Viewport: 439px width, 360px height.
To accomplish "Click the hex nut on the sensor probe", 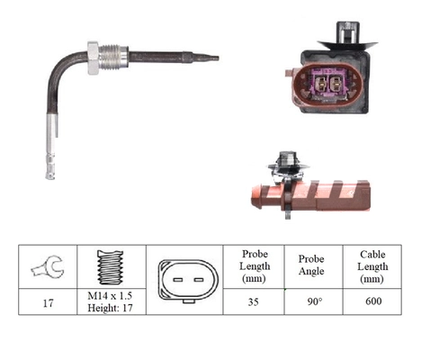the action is coord(94,58).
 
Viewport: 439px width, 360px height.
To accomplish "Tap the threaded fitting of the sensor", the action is coord(113,57).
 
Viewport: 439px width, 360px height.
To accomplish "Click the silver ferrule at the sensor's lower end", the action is coord(51,147).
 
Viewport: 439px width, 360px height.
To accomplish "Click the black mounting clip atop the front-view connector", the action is coord(347,34).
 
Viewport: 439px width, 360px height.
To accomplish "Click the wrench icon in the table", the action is coord(48,266).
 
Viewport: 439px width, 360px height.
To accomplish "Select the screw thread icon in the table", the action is coord(111,267).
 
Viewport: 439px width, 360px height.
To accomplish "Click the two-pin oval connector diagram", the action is coord(188,281).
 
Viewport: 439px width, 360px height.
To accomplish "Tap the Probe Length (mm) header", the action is coord(255,266).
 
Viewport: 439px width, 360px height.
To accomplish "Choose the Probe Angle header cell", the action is coord(311,265).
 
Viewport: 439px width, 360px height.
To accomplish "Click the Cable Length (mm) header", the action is coord(372,266).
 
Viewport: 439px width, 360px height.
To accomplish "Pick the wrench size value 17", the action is coord(48,303).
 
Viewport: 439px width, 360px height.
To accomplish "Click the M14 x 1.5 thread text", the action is coord(110,296).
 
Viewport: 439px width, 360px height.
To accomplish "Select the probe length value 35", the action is coord(254,301).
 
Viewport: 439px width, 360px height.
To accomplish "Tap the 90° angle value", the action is coord(315,301).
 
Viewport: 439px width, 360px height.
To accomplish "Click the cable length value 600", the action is coord(373,301).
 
